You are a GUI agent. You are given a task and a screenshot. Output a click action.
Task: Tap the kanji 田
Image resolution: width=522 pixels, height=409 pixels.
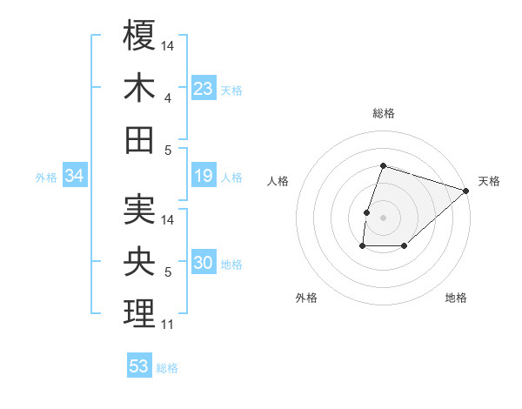point(139,139)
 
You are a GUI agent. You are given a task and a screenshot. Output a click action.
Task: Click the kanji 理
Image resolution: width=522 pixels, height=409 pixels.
point(139,313)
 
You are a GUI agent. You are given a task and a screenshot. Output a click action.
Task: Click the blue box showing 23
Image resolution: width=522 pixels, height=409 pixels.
point(203,89)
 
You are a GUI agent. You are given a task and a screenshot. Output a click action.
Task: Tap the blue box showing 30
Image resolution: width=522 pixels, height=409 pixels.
point(203,263)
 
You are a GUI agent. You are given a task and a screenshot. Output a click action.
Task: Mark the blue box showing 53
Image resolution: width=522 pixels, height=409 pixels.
point(139,366)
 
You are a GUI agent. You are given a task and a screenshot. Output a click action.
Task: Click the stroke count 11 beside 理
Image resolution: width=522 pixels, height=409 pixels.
point(167,325)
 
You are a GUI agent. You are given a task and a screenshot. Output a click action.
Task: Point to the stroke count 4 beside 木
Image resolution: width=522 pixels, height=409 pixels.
point(167,98)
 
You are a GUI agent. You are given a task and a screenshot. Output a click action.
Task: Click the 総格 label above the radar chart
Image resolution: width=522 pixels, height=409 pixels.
point(383,113)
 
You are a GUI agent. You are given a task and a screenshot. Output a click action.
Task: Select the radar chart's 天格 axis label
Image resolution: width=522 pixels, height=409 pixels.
point(489,181)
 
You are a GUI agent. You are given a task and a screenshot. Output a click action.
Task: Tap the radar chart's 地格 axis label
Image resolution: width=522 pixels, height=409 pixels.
point(456,298)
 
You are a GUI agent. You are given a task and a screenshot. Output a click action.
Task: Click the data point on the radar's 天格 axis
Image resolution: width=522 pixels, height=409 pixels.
point(466,191)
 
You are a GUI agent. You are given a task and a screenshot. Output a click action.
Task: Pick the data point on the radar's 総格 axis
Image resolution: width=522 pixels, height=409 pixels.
point(383,165)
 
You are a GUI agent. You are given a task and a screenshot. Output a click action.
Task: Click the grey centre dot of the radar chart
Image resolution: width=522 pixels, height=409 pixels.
point(383,218)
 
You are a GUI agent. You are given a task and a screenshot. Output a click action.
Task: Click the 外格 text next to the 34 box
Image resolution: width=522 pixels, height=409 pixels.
point(46,178)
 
